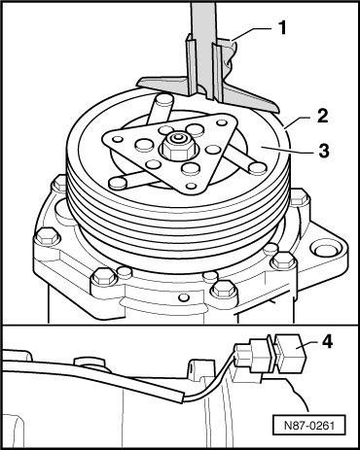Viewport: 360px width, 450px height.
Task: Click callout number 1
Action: pyautogui.click(x=283, y=28)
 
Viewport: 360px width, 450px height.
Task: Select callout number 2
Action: pyautogui.click(x=322, y=117)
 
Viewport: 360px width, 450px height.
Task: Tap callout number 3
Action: pyautogui.click(x=324, y=151)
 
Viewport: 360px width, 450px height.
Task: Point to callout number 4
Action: pyautogui.click(x=328, y=342)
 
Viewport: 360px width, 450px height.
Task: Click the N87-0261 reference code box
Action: pyautogui.click(x=308, y=425)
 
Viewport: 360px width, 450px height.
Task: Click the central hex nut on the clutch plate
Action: pyautogui.click(x=177, y=147)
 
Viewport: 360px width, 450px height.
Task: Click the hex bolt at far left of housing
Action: pyautogui.click(x=47, y=237)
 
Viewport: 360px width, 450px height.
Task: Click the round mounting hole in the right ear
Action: pyautogui.click(x=324, y=249)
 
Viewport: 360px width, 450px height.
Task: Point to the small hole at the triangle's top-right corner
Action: pyautogui.click(x=222, y=123)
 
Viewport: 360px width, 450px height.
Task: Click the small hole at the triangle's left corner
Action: pyautogui.click(x=118, y=140)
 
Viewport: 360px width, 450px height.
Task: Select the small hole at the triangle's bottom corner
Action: pyautogui.click(x=192, y=186)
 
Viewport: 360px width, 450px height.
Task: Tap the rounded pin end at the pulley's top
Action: pyautogui.click(x=162, y=98)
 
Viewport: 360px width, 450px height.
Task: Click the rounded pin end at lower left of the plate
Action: pyautogui.click(x=118, y=184)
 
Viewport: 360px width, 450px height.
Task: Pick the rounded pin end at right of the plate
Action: pyautogui.click(x=258, y=167)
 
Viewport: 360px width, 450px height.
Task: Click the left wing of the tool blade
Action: pyautogui.click(x=162, y=85)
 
